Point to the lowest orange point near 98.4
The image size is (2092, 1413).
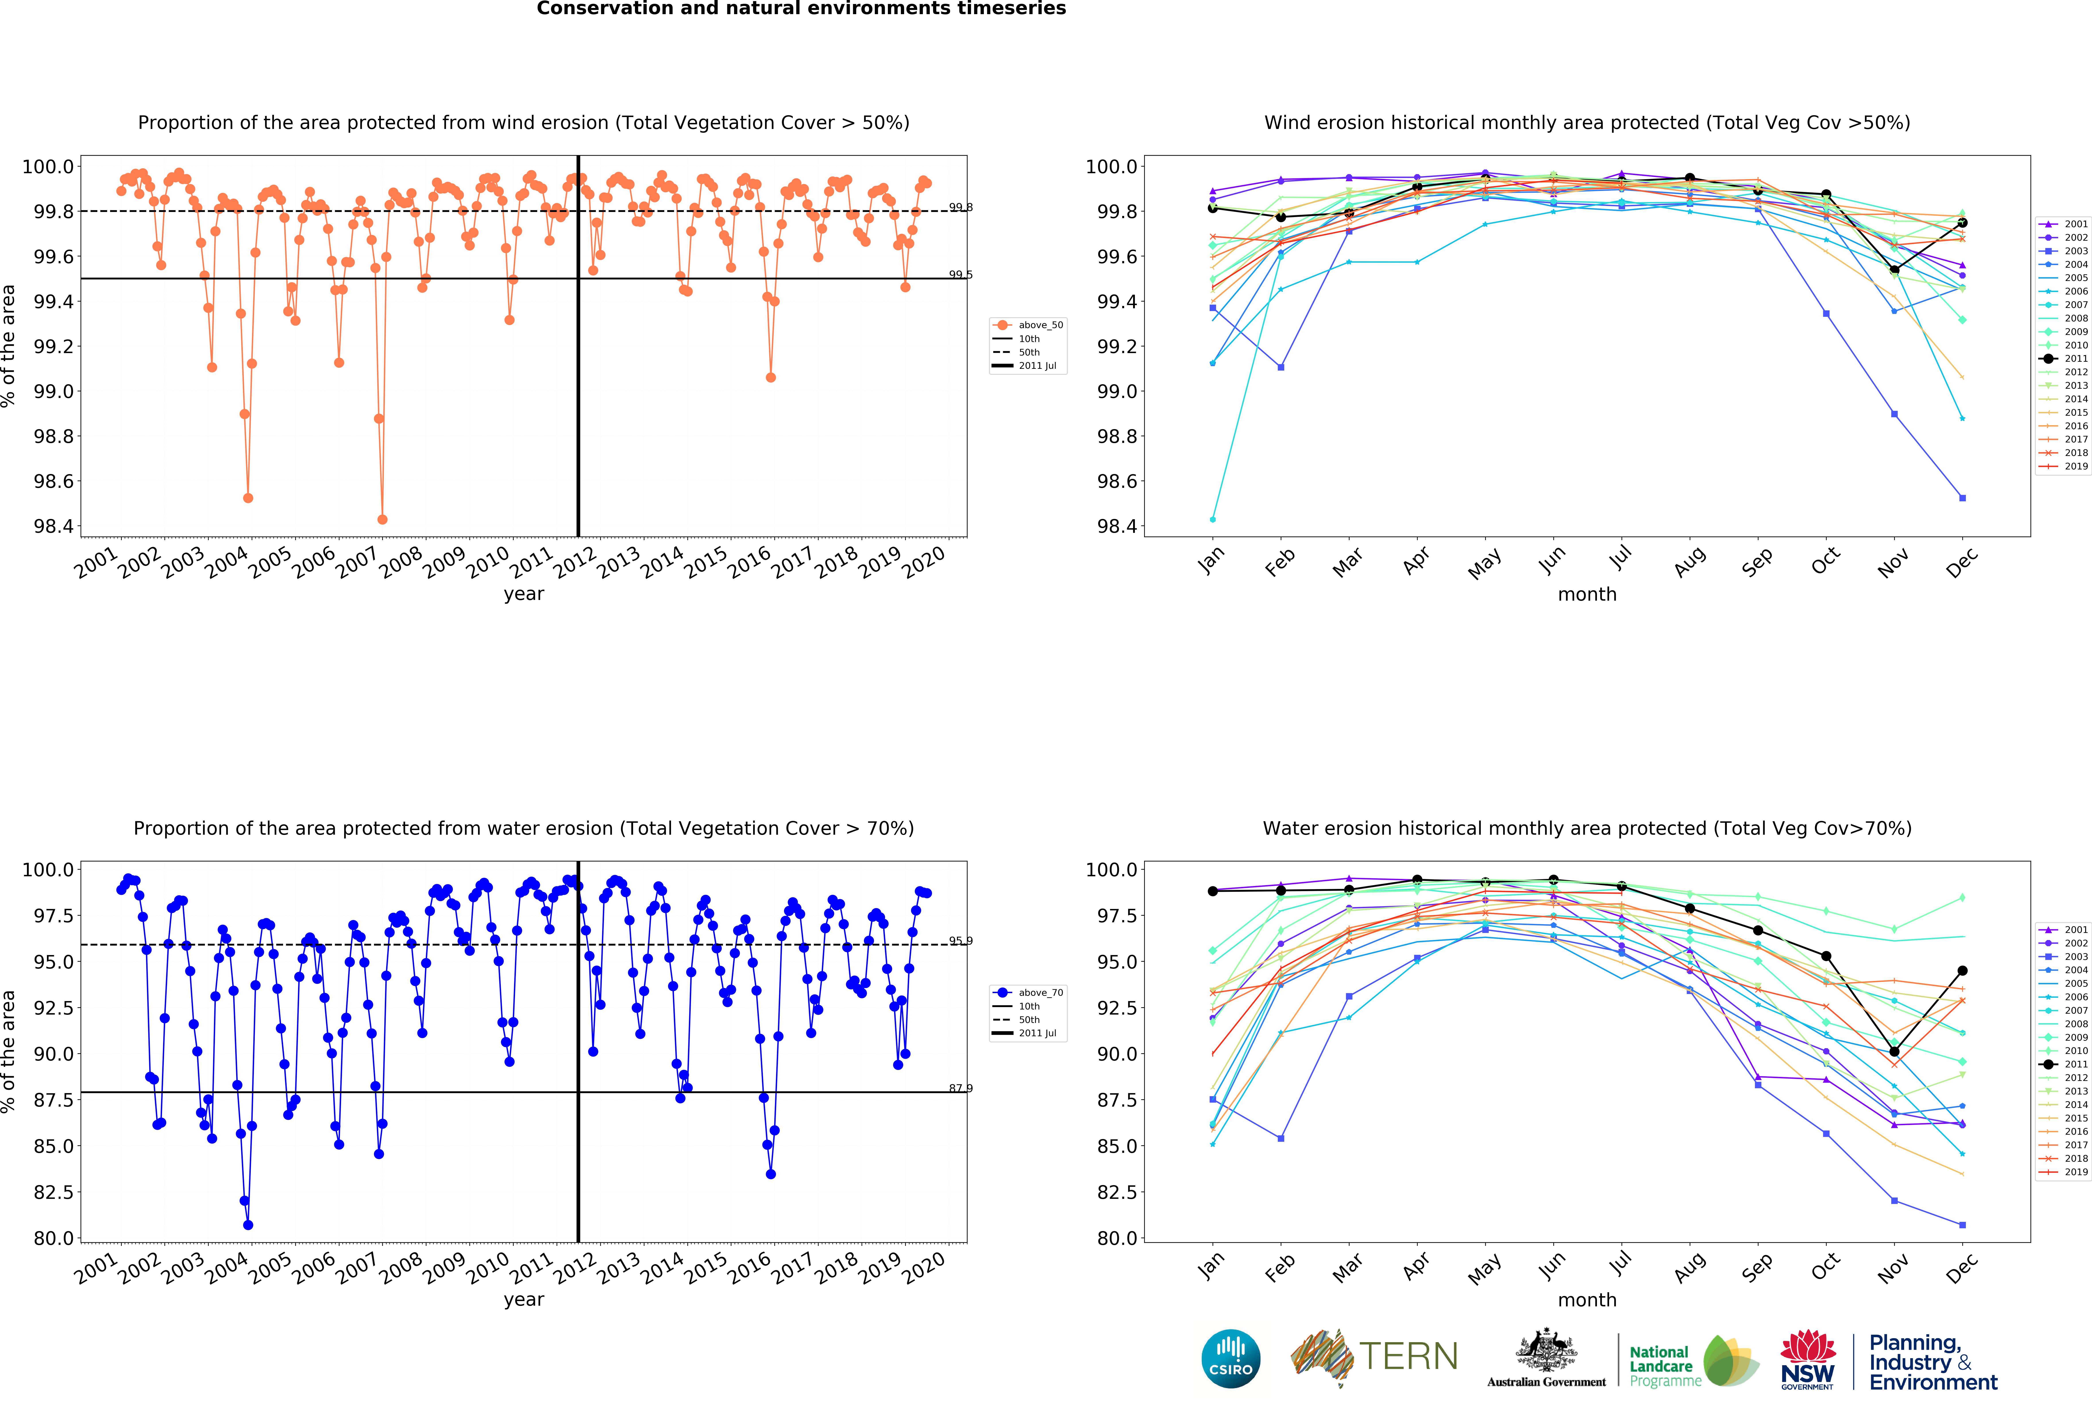383,519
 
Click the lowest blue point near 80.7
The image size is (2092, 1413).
249,1225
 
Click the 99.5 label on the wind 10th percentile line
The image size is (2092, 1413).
960,275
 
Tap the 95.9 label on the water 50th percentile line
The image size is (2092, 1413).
960,940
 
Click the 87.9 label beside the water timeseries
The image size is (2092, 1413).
960,1088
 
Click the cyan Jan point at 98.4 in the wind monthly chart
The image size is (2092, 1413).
1213,519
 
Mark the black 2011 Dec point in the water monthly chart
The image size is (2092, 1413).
1962,971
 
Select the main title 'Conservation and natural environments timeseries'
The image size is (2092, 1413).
801,9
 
